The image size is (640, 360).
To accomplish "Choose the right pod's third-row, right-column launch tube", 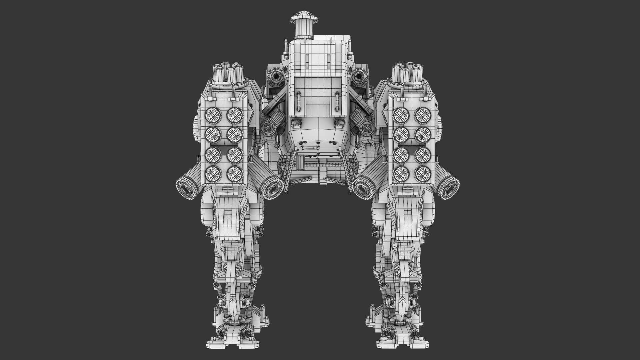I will (422, 154).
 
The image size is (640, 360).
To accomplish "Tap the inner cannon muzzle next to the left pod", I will (272, 188).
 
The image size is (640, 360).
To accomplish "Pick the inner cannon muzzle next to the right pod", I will (364, 189).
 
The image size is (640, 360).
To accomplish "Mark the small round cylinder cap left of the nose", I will (267, 128).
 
